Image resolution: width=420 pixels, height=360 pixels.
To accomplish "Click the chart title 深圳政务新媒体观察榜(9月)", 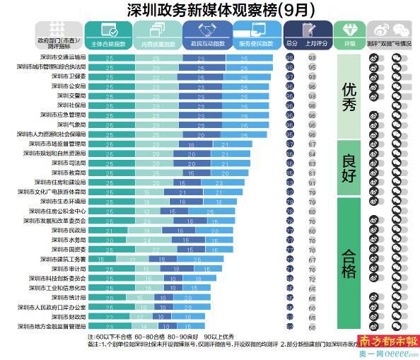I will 209,10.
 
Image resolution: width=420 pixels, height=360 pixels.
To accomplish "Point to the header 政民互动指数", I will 207,44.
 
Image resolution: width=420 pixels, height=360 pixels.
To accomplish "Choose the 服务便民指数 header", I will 255,44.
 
